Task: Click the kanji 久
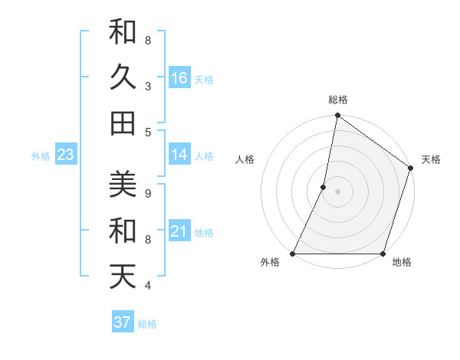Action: pos(123,77)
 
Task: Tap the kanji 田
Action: pos(123,123)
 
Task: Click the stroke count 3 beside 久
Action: pos(148,87)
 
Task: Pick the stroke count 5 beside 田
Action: pos(148,133)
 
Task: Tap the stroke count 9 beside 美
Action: pos(148,193)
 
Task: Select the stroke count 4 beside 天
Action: pos(148,286)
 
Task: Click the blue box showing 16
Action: pos(179,78)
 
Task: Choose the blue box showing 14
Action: pos(179,155)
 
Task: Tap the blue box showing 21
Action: pos(179,231)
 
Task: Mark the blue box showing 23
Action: pos(66,155)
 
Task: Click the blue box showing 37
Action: pos(123,322)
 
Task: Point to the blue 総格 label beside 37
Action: pos(148,324)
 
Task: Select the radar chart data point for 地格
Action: pos(383,254)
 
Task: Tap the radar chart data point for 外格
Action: pos(293,254)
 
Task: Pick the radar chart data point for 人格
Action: pos(324,187)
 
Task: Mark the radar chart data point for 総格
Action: pos(337,116)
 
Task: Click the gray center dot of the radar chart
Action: pos(337,191)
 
